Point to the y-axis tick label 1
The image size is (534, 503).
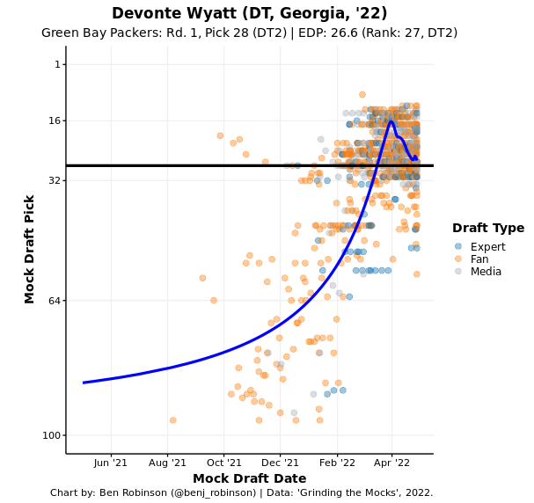[x=58, y=64]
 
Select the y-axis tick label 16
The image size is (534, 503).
[x=55, y=120]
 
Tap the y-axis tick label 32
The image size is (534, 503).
[x=55, y=180]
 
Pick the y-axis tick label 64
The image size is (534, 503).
[x=55, y=301]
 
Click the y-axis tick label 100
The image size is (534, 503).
[x=53, y=435]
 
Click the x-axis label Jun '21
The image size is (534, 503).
[x=111, y=463]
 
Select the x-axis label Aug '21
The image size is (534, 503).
[x=167, y=463]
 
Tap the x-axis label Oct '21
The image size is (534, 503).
[x=224, y=463]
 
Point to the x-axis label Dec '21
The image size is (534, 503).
[x=281, y=463]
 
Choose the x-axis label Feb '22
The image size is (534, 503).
[x=337, y=463]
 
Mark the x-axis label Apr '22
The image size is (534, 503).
[x=392, y=463]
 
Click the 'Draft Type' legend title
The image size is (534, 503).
[x=487, y=229]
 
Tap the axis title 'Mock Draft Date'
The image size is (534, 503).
[x=249, y=479]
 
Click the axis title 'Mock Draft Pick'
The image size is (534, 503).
[x=30, y=250]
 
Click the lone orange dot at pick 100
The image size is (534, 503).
[x=172, y=420]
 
